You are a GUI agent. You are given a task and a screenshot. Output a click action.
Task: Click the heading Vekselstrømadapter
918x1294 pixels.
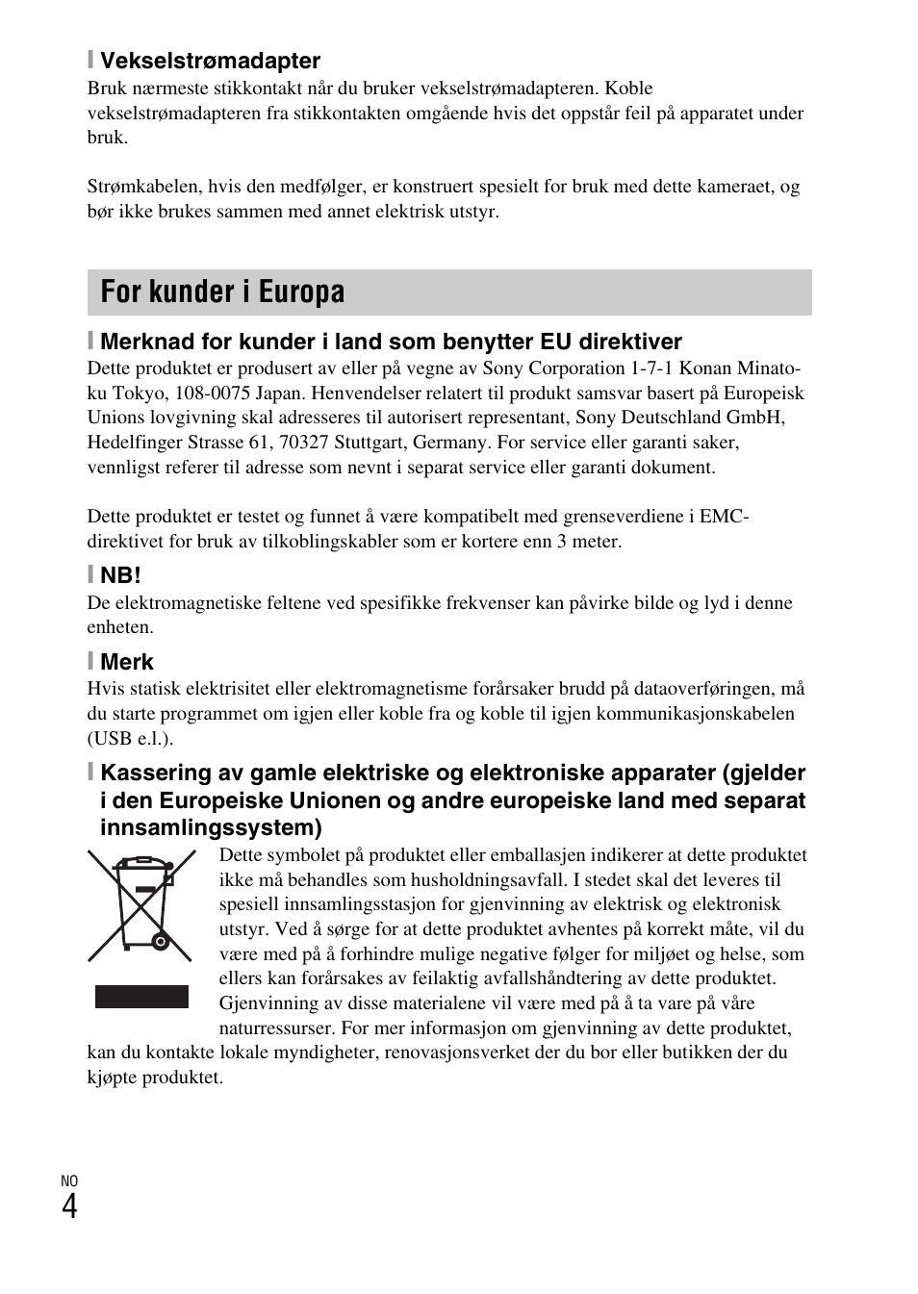210,61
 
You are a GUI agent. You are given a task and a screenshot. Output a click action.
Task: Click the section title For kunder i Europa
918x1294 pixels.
222,292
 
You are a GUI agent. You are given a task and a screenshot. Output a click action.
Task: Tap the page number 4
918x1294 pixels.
69,1206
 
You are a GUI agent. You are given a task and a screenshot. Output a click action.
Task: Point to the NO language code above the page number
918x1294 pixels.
69,1181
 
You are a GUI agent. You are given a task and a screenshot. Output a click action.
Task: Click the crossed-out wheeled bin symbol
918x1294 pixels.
141,905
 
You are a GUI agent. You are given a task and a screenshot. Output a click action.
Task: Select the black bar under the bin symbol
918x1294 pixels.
141,997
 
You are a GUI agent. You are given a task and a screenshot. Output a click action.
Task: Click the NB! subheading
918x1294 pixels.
120,575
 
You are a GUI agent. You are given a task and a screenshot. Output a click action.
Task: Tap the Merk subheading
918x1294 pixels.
126,662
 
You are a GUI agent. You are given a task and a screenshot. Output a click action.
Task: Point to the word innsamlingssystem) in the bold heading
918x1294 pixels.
211,827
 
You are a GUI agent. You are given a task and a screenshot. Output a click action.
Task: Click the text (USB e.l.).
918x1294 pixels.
130,738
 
